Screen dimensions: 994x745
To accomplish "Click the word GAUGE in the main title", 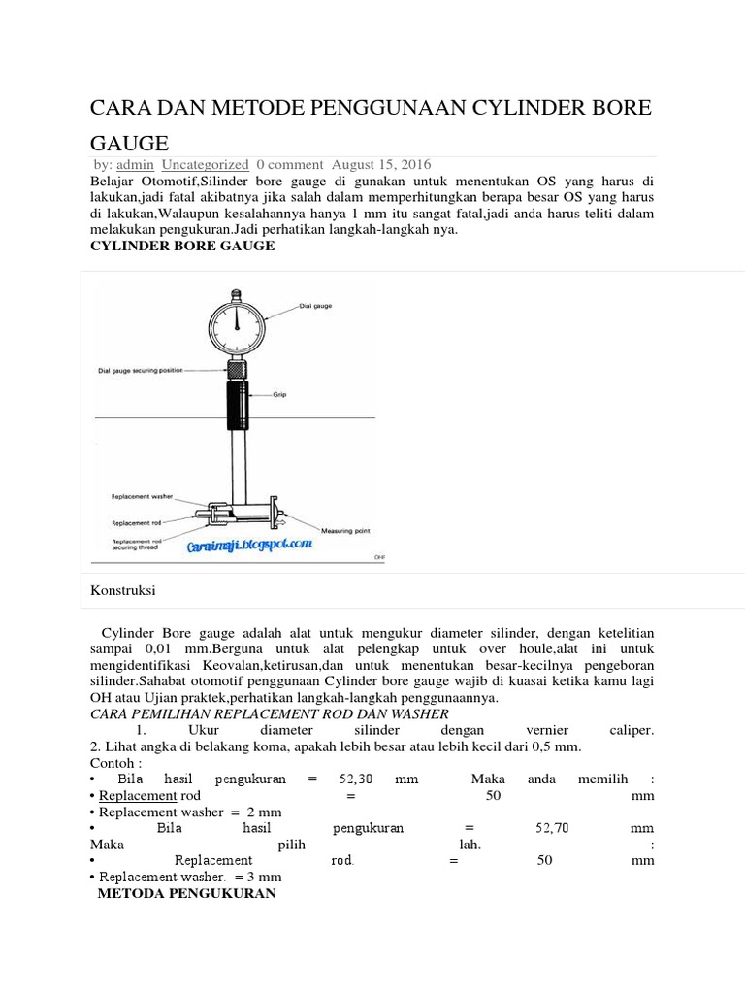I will click(x=129, y=142).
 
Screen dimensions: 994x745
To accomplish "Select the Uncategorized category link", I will click(x=205, y=165).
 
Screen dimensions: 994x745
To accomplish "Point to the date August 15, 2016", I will click(x=384, y=165).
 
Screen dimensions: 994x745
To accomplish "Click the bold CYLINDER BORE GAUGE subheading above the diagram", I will click(x=182, y=247).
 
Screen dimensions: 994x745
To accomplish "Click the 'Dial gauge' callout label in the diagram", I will click(x=315, y=306).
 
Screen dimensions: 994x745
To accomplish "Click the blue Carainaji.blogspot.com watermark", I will click(x=250, y=546).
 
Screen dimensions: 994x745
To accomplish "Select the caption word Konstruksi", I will click(x=123, y=589).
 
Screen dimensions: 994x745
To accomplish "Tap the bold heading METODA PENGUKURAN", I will click(x=187, y=893).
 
